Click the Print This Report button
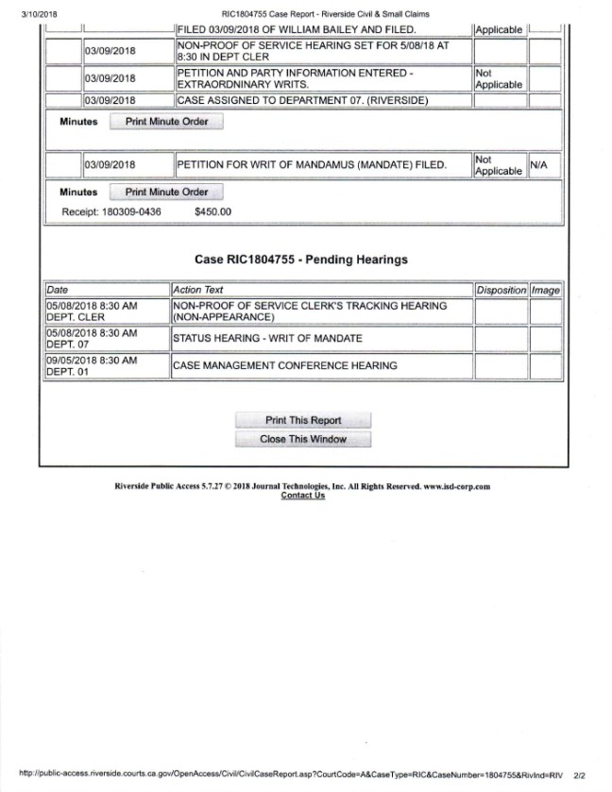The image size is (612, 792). [303, 420]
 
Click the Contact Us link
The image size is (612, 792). [302, 496]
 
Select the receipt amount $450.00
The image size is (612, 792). [212, 212]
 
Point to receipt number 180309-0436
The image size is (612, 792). [126, 212]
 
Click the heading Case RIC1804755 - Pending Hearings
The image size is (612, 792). [301, 259]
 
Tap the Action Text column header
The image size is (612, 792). [198, 290]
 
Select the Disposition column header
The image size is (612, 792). [501, 290]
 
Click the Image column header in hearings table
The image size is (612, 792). [545, 290]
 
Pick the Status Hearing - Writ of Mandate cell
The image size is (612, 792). [266, 338]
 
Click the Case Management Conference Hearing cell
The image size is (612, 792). [284, 365]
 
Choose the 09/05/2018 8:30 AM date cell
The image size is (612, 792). [92, 361]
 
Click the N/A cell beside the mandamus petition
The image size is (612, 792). [539, 165]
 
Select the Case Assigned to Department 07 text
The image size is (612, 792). [301, 99]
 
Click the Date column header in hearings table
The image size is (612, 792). [58, 290]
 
